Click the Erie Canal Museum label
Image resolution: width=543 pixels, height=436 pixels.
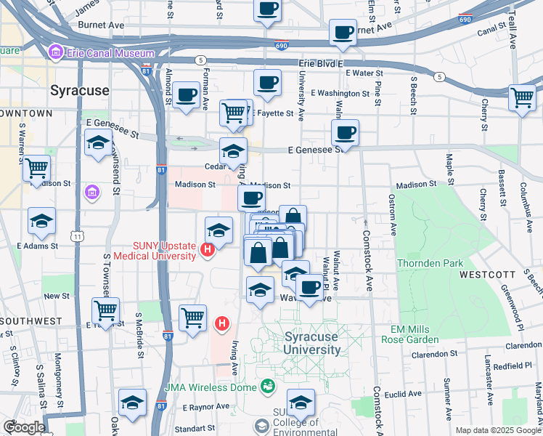[x=109, y=53]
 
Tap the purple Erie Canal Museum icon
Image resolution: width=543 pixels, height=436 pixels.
[x=54, y=52]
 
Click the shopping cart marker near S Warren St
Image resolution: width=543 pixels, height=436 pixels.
[x=36, y=169]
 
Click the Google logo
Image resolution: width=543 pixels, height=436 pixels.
[x=24, y=427]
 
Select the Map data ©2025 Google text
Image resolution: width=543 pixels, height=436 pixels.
[x=497, y=430]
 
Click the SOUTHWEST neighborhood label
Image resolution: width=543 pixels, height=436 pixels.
[x=30, y=320]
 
